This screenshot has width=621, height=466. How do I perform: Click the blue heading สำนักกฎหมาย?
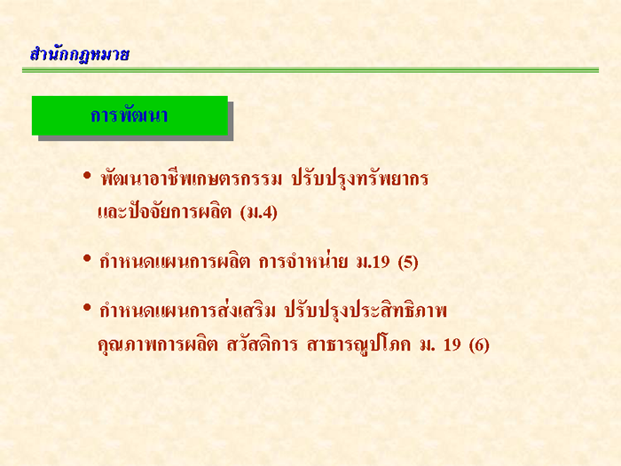80,54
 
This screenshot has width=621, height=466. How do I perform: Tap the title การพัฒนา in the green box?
130,115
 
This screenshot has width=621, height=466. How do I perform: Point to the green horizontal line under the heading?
310,70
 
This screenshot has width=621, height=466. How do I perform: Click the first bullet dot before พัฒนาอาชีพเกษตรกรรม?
87,175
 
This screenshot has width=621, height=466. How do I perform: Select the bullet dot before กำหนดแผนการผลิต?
87,258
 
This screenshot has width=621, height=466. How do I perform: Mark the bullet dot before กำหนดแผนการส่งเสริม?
87,307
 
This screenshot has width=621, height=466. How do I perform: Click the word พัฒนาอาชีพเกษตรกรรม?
192,178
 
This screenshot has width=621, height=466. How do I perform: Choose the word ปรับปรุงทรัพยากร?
360,178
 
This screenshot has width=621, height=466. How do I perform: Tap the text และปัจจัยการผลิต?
164,211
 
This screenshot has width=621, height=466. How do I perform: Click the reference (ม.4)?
259,212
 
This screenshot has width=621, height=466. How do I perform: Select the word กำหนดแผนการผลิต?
175,262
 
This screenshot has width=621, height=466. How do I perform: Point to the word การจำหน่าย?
303,261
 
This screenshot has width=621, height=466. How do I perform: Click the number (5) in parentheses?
408,262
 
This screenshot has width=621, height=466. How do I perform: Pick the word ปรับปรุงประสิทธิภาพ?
366,311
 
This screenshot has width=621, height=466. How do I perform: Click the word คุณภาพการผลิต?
158,344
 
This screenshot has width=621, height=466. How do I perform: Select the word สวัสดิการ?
262,344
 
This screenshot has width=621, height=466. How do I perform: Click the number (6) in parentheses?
479,344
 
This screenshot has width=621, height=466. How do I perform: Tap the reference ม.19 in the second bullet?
373,262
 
